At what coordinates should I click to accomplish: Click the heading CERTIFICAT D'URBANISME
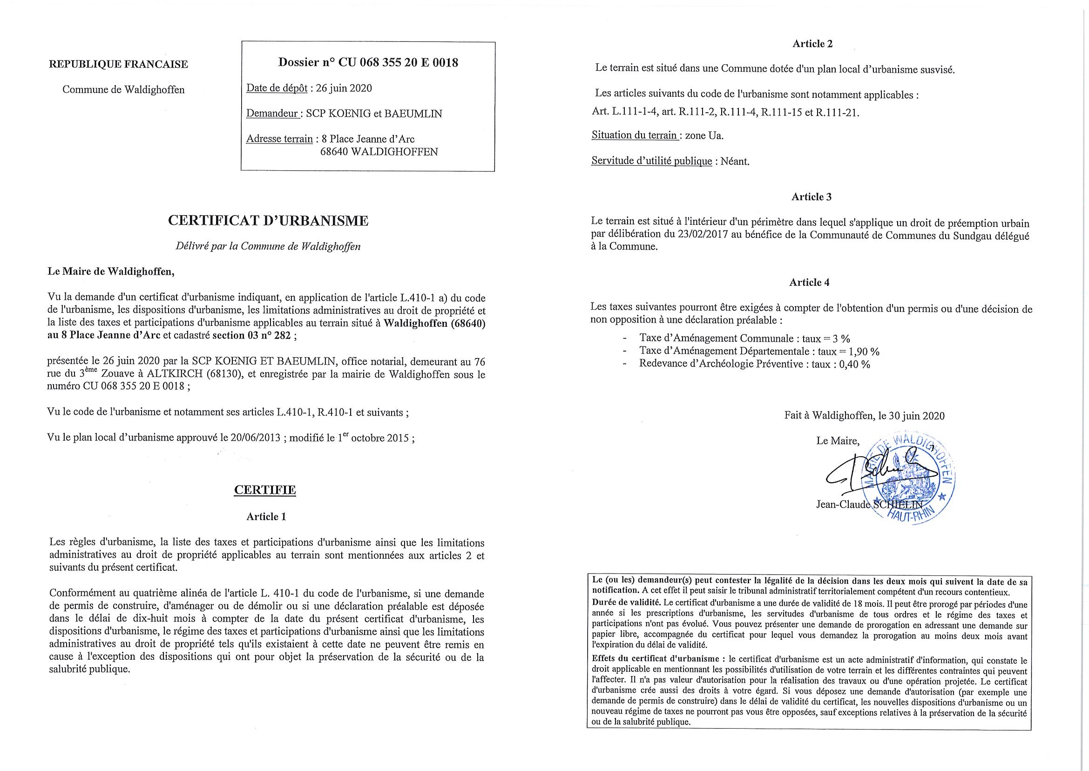click(268, 221)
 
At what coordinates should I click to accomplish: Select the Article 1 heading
click(266, 516)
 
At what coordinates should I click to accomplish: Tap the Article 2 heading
click(812, 44)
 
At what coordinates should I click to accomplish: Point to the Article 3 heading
click(812, 196)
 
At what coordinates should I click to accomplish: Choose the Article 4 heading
click(809, 282)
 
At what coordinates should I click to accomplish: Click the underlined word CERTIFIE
click(265, 490)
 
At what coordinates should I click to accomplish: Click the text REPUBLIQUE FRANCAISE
click(118, 64)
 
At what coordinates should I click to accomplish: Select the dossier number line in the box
click(368, 62)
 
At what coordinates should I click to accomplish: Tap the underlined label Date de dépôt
click(277, 88)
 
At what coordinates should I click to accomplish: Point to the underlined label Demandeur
click(272, 114)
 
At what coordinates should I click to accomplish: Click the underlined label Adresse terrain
click(279, 139)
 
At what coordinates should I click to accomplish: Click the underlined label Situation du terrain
click(635, 135)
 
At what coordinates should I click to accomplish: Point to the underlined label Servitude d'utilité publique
click(651, 161)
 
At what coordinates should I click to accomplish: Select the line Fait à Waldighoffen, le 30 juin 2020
click(864, 416)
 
